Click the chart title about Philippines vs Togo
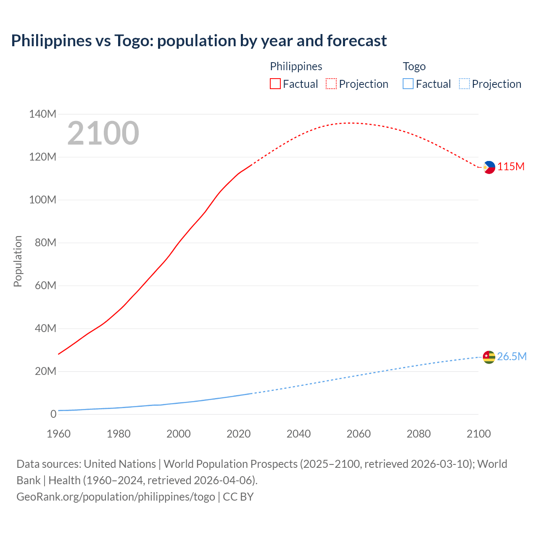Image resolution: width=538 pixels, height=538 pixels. pos(199,41)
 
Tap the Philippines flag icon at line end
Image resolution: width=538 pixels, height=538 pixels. pos(489,167)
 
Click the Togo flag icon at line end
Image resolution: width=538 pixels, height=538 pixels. pos(489,357)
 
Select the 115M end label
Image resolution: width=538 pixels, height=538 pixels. pos(511,167)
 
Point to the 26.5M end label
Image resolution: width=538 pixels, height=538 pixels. pos(512,357)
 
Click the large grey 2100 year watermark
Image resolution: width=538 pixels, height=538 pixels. pos(103,133)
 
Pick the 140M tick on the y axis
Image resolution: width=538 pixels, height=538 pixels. pos(42,114)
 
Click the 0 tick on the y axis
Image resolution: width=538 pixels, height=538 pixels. pos(53,414)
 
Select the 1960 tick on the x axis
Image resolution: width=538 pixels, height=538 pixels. pos(58,434)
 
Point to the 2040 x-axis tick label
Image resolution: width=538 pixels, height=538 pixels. pos(298,434)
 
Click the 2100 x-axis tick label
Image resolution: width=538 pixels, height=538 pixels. pos(478,434)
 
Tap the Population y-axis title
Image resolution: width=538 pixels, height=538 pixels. pos(18,261)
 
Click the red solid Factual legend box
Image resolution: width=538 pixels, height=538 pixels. pos(275,84)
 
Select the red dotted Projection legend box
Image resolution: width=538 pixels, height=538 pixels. pos(331,84)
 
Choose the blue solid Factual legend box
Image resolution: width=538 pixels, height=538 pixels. pos(408,84)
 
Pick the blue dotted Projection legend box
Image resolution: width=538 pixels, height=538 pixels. pos(464,84)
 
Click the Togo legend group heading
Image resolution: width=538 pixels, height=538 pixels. pos(414,66)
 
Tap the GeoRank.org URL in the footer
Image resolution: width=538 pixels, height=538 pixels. pos(116,497)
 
